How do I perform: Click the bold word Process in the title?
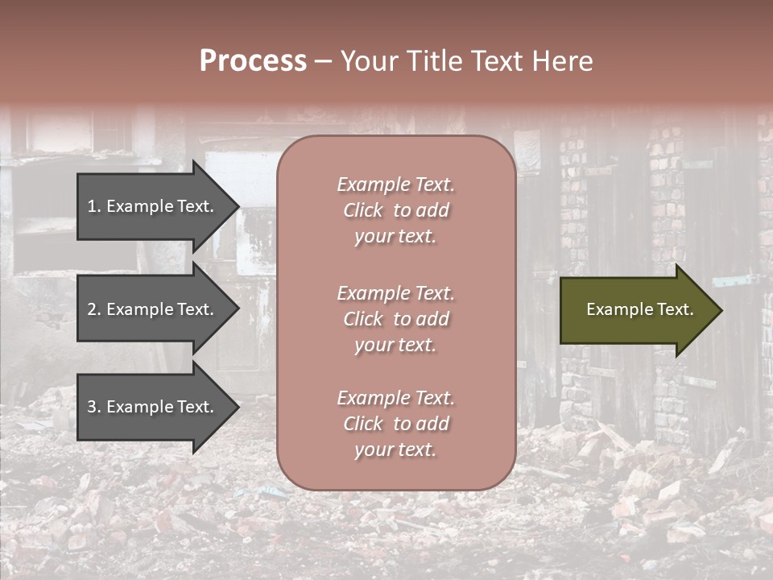point(253,61)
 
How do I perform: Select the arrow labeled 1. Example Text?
point(153,206)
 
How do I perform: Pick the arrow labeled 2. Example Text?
point(153,309)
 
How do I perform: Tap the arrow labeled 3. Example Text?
point(153,407)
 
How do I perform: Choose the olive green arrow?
point(636,310)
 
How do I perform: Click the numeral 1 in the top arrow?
point(91,206)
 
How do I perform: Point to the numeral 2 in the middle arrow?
point(92,309)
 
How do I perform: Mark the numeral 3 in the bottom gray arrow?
point(92,407)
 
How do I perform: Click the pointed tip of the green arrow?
point(720,310)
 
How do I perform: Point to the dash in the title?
point(322,61)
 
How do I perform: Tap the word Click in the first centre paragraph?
point(363,211)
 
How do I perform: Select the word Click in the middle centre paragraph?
point(363,320)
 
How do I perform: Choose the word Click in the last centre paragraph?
point(363,425)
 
